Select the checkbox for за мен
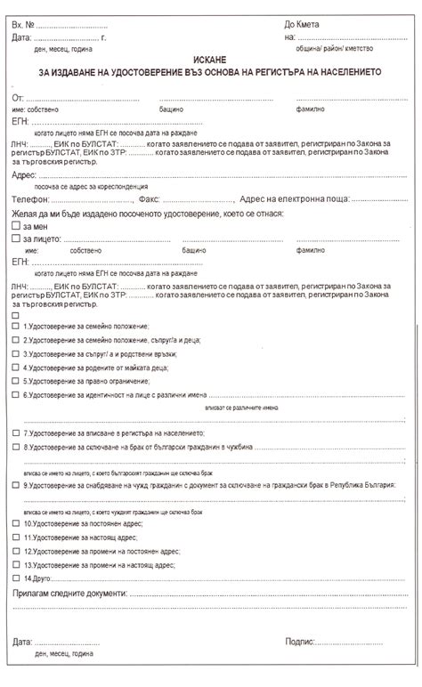coord(16,227)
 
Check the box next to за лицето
coord(16,239)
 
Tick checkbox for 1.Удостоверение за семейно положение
coord(15,327)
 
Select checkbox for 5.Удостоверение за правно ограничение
coord(15,380)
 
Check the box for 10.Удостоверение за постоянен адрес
coord(15,524)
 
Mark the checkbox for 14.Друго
coord(15,578)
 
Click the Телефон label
coord(32,199)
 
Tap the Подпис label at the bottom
coord(301,641)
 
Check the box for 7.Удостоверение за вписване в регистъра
coord(15,432)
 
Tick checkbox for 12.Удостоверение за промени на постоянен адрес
coord(15,552)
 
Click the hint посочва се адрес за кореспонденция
coord(85,187)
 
